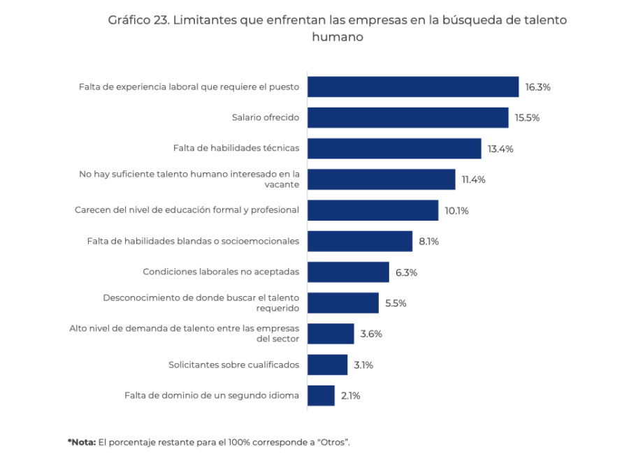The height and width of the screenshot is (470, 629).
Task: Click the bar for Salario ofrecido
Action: [407, 117]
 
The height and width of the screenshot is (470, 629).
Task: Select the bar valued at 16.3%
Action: [412, 87]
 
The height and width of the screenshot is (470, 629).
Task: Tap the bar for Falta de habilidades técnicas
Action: [394, 148]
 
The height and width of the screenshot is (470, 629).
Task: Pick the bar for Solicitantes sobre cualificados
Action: [327, 365]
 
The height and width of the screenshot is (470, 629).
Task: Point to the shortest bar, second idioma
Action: [321, 395]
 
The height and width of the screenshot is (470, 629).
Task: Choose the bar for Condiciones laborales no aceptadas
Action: [348, 272]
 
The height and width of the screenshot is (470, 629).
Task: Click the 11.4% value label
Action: [473, 179]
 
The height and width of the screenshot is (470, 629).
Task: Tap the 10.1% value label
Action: [456, 210]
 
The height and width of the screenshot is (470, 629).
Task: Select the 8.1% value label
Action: [428, 241]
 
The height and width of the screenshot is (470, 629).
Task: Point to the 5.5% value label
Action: [396, 303]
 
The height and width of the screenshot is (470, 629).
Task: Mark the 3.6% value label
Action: [371, 334]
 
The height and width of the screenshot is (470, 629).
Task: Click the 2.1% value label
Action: [350, 395]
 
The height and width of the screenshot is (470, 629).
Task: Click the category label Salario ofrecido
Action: [266, 117]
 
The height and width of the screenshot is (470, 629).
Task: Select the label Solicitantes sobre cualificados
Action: [233, 365]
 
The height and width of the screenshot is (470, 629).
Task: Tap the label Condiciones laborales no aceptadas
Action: [221, 272]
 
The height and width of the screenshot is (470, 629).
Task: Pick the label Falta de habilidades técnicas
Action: [236, 148]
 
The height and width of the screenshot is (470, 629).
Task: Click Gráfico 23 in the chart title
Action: [137, 20]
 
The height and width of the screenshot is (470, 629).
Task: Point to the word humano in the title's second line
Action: [338, 37]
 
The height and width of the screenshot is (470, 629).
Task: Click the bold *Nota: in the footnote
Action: [82, 442]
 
